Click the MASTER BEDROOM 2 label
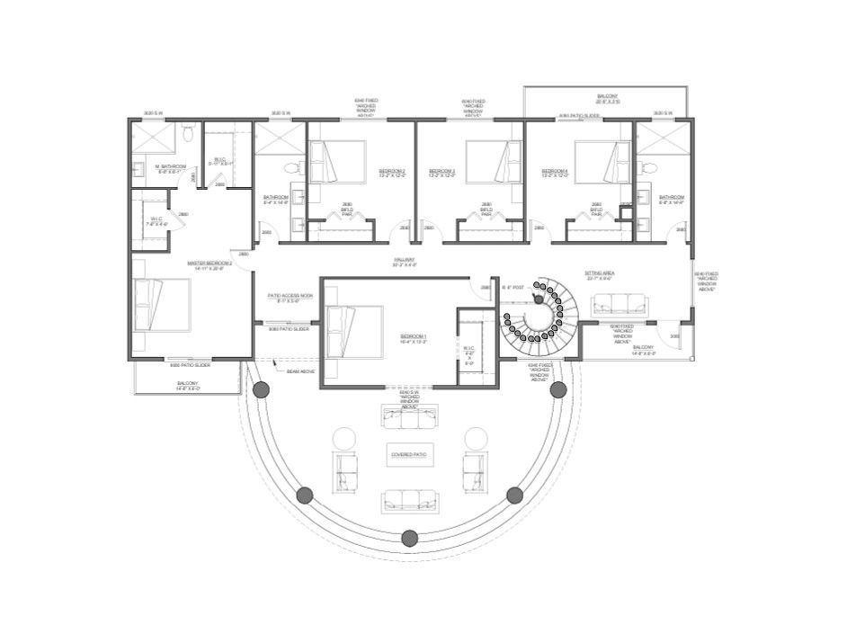tap(210, 264)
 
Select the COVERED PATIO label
tap(408, 455)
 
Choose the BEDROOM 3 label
tap(441, 171)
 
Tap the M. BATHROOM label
tap(170, 167)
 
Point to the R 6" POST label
tap(513, 287)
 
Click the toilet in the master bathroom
tap(187, 134)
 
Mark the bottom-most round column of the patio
tap(410, 538)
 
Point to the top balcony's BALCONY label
tap(607, 98)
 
